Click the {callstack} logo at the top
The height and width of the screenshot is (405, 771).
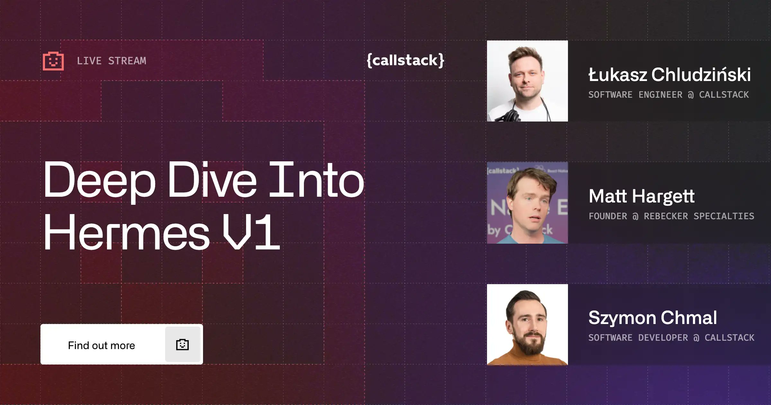(405, 60)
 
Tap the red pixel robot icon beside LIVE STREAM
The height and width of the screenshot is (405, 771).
(53, 61)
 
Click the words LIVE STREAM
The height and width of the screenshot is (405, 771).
(111, 61)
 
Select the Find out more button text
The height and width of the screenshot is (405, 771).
(102, 345)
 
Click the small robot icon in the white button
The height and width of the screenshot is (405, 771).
(182, 345)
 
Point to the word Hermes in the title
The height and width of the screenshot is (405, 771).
(127, 232)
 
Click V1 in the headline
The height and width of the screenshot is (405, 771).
(251, 232)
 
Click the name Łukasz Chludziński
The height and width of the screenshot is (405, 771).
(669, 75)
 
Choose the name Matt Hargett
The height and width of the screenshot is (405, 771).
(642, 196)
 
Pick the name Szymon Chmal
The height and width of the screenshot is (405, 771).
(652, 318)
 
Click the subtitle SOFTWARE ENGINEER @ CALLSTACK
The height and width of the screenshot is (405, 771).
(669, 95)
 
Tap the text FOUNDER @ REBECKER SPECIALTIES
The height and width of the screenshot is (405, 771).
(671, 216)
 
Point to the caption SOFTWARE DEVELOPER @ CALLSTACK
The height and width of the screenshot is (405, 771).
(671, 338)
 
